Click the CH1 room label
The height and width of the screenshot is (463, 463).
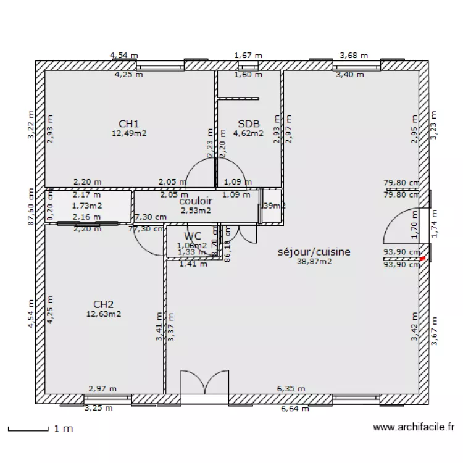click(x=129, y=123)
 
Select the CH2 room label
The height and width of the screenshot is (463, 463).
click(x=103, y=304)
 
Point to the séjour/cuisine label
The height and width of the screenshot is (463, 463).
click(x=314, y=252)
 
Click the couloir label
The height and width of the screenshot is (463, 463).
click(x=196, y=201)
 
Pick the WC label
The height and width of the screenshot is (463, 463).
click(x=193, y=236)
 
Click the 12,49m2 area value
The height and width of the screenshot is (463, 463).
click(x=129, y=133)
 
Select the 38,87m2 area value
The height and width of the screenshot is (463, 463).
click(x=314, y=262)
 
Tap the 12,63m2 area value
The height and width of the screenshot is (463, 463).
click(x=103, y=314)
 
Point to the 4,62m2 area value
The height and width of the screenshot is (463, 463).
click(x=248, y=133)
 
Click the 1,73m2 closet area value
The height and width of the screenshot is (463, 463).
click(x=86, y=206)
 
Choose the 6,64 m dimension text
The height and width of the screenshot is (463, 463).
click(x=294, y=408)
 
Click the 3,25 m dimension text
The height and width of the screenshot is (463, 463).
click(x=99, y=408)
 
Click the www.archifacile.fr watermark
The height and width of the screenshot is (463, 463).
click(x=414, y=427)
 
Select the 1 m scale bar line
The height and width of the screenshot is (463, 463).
click(x=28, y=428)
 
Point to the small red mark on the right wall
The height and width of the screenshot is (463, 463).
click(x=422, y=259)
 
